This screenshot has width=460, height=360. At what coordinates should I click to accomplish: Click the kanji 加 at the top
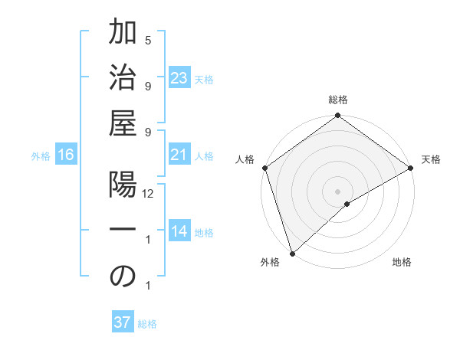point(123,35)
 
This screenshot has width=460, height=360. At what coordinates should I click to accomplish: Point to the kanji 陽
point(123,188)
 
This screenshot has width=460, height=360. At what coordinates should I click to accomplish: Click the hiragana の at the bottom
point(123,277)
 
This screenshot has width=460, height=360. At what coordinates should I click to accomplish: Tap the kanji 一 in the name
point(123,232)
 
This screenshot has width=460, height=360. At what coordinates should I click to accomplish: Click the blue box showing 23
point(179,78)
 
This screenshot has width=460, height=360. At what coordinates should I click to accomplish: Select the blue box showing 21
point(179,155)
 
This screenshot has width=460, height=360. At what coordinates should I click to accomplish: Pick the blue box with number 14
point(179,232)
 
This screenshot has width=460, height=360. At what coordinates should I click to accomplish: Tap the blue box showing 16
point(66,155)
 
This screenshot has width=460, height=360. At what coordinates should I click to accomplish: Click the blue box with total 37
point(122,322)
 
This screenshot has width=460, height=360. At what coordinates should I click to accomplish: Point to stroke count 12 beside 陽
point(149,195)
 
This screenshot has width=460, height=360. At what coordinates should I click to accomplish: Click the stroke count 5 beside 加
point(148,40)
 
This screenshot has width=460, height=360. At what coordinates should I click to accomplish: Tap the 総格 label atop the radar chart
point(337,100)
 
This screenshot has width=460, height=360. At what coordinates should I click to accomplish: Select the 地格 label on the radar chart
point(402,263)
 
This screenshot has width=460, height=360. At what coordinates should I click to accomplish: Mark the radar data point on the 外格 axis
point(292,252)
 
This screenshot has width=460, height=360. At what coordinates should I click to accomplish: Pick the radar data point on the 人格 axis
point(264,168)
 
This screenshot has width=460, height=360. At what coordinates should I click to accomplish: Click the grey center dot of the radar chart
point(337,191)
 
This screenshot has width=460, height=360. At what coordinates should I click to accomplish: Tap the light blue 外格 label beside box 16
point(41,156)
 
